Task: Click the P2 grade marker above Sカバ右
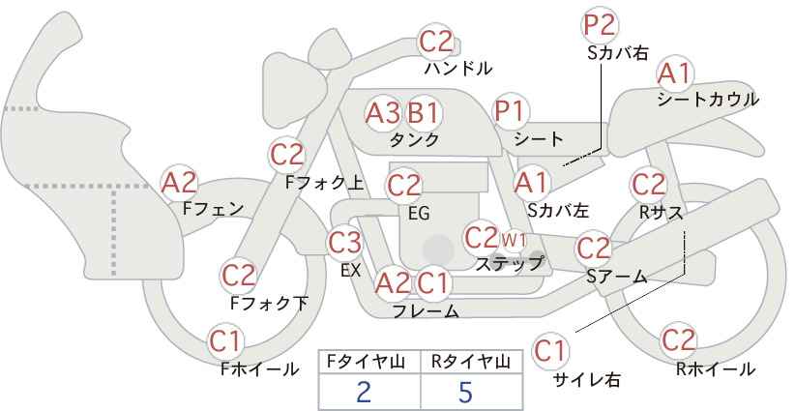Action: (x=600, y=25)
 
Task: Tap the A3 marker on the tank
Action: (x=383, y=113)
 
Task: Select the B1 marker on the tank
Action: (x=424, y=113)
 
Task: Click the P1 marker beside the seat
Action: (x=511, y=111)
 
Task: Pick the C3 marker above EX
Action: (x=344, y=242)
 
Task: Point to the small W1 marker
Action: (x=514, y=240)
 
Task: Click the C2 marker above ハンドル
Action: (x=436, y=42)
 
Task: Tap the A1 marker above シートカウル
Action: (x=675, y=73)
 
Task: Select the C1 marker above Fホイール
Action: (x=225, y=342)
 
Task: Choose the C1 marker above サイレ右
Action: (x=550, y=351)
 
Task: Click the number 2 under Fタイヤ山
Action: (x=364, y=392)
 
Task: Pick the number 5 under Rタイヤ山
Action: (x=465, y=392)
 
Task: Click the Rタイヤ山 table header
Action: (x=471, y=362)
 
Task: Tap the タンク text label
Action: (x=414, y=140)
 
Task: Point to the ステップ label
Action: (x=510, y=264)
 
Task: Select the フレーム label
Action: (x=426, y=310)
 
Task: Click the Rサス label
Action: (x=661, y=214)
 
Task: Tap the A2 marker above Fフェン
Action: (x=179, y=183)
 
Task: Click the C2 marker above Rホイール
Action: (x=678, y=340)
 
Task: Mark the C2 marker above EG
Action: (x=404, y=186)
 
